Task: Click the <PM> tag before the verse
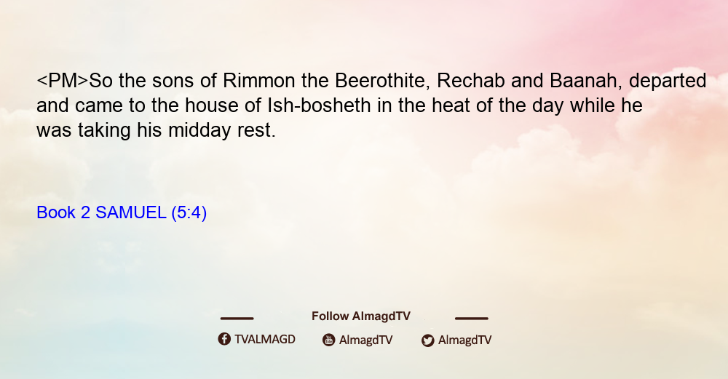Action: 62,81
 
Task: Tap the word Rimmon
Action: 258,81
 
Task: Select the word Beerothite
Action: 381,81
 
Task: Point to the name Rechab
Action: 471,81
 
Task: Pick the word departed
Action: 668,81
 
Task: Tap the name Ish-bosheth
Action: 319,105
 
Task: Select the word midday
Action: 199,131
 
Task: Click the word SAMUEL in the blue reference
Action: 130,212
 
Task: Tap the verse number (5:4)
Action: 189,213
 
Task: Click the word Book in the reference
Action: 56,212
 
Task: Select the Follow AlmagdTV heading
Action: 361,316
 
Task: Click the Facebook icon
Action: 224,339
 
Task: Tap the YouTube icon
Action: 329,340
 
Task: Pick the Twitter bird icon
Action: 427,340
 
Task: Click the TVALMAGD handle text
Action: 265,340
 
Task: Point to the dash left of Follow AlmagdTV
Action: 237,318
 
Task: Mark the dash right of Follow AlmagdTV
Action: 472,318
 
